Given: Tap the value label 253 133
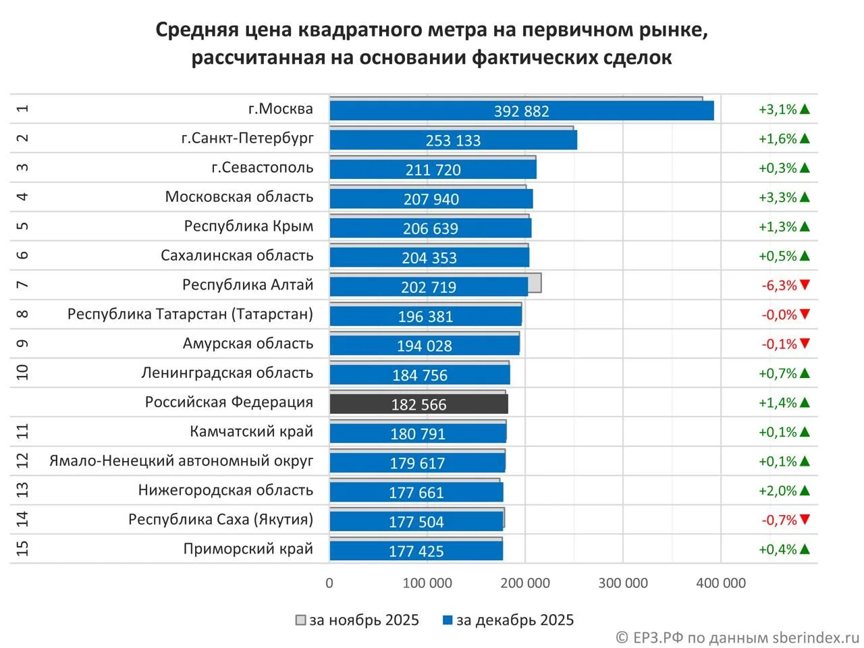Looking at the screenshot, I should tap(453, 140).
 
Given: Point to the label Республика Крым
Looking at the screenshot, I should tap(248, 226).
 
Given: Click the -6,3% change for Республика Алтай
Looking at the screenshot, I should tap(779, 286).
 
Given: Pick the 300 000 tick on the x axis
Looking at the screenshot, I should tap(622, 583).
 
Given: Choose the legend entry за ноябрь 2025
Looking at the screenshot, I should tap(358, 620).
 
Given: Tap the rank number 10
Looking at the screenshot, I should tap(22, 373).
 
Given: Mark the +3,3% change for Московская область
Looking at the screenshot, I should tap(778, 197).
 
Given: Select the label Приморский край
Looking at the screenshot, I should tap(248, 549).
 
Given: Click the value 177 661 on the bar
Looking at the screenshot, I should tap(416, 493).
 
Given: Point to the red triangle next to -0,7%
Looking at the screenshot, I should tap(804, 520).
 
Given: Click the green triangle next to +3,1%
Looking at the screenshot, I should tap(804, 109).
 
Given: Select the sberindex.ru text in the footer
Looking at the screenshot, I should tap(807, 637).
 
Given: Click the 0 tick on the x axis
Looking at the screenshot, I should tap(329, 583).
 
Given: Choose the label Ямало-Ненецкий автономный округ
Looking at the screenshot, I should tap(181, 461).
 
